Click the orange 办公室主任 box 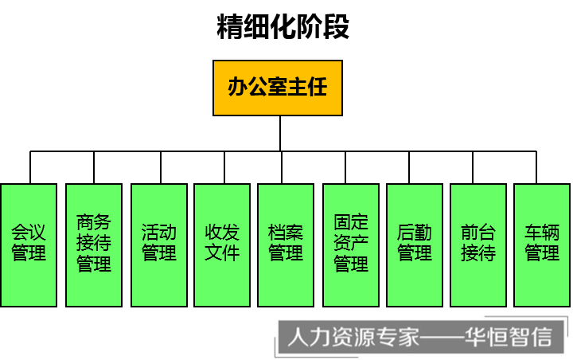277,88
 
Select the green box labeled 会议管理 29,245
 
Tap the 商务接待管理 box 94,245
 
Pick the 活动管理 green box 159,245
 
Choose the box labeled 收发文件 222,245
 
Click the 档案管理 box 286,245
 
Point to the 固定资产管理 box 351,245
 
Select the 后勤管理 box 415,245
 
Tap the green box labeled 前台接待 478,245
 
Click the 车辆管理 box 542,245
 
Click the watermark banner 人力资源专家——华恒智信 419,337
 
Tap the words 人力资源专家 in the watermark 353,337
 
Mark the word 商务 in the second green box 94,222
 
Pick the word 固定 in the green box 351,222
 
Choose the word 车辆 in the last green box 542,233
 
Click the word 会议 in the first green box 29,233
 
